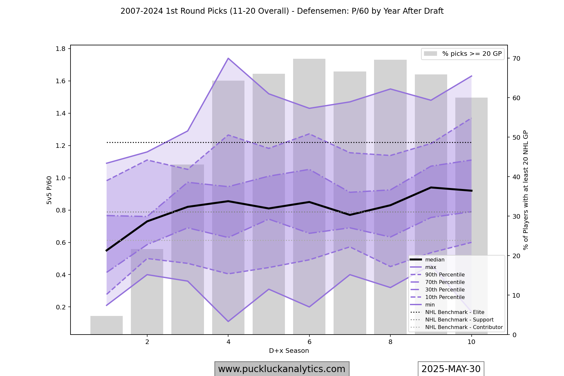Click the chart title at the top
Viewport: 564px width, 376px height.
coord(282,11)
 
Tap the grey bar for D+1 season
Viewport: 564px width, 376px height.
coord(106,325)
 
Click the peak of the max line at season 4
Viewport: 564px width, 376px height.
coord(228,58)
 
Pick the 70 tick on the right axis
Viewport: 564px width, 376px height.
coord(516,59)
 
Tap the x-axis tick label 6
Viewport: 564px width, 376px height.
coord(309,342)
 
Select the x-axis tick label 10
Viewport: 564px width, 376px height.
coord(471,342)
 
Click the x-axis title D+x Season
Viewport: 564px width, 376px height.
coord(289,351)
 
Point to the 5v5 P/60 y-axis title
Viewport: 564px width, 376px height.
coord(49,190)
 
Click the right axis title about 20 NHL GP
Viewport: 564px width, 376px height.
coord(525,190)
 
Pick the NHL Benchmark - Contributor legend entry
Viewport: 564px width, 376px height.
coord(463,327)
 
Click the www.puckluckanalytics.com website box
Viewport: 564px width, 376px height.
coord(282,369)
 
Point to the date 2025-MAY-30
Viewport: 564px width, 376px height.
coord(451,369)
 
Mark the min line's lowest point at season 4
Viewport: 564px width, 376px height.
coord(228,321)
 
